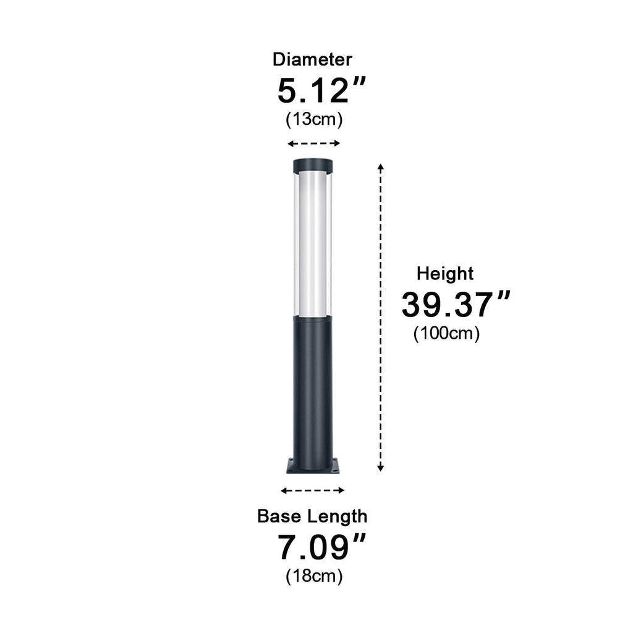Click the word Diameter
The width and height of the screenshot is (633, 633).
pos(312,59)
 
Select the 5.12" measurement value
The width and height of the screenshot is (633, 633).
pos(321,91)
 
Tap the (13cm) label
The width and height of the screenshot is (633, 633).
pos(314,119)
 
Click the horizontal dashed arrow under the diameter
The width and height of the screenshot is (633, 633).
pos(314,143)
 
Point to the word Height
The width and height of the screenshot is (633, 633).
pos(445,273)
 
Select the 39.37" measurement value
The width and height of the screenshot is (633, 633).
pos(456,305)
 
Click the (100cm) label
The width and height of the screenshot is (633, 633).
pos(446,334)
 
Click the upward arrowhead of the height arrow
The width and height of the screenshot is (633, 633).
pos(381,166)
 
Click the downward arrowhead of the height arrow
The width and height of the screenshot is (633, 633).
pos(381,469)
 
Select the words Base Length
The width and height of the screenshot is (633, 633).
pos(312,516)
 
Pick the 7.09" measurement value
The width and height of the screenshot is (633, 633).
pos(321,547)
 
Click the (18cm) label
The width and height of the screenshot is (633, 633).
pos(314,576)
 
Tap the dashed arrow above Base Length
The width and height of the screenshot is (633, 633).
pos(312,490)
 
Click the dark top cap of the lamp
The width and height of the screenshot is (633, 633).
pos(313,166)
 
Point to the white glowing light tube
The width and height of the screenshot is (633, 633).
pos(313,244)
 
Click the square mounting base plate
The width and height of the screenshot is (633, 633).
pos(313,467)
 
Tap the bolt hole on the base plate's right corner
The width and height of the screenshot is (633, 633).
pos(334,469)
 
